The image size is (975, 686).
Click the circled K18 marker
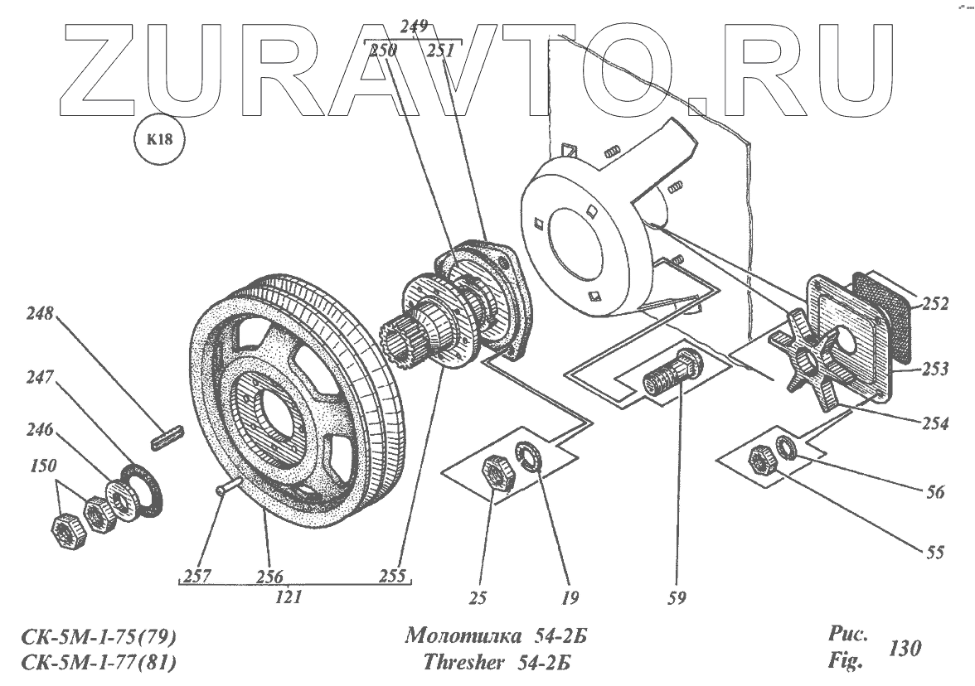159,140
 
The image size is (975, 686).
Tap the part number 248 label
41,314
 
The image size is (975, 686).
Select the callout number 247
41,378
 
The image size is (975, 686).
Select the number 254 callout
934,423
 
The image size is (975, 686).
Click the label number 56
934,490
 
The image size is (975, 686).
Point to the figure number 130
904,647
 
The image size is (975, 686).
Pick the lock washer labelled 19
530,457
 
